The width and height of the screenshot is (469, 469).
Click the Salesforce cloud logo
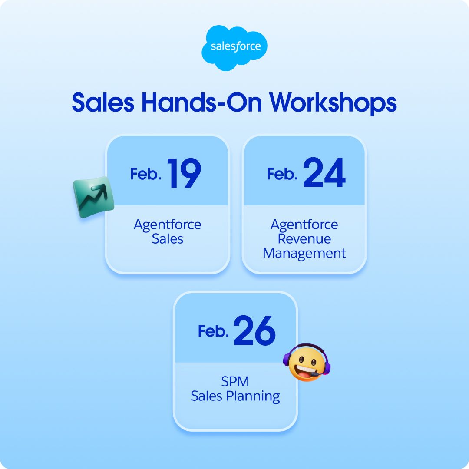(234, 47)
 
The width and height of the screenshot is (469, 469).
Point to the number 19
(184, 173)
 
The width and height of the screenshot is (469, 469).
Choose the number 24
(324, 173)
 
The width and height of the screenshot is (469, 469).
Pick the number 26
(254, 330)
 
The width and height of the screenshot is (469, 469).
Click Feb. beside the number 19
(146, 175)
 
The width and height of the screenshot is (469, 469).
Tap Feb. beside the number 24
(282, 175)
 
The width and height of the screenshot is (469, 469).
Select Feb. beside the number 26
(214, 331)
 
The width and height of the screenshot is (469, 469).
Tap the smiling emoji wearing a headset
(307, 363)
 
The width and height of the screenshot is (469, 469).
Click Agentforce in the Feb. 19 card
(168, 225)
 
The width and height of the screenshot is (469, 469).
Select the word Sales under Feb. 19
(168, 239)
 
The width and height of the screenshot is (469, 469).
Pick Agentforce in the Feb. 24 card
(304, 225)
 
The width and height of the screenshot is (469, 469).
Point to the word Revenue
(304, 239)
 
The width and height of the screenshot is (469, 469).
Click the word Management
(304, 253)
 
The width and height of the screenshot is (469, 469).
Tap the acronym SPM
(235, 382)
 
